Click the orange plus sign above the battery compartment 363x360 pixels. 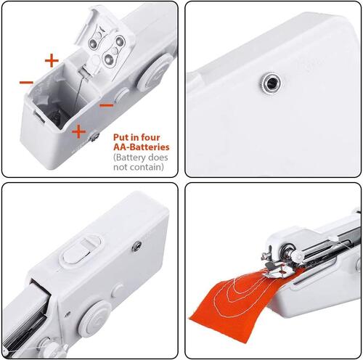point(51,60)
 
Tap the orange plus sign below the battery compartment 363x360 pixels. point(78,131)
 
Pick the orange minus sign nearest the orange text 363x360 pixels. point(106,105)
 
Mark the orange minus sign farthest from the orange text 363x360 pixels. point(26,82)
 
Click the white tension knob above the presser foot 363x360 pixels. point(296,256)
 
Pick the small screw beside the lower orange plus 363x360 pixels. point(94,135)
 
